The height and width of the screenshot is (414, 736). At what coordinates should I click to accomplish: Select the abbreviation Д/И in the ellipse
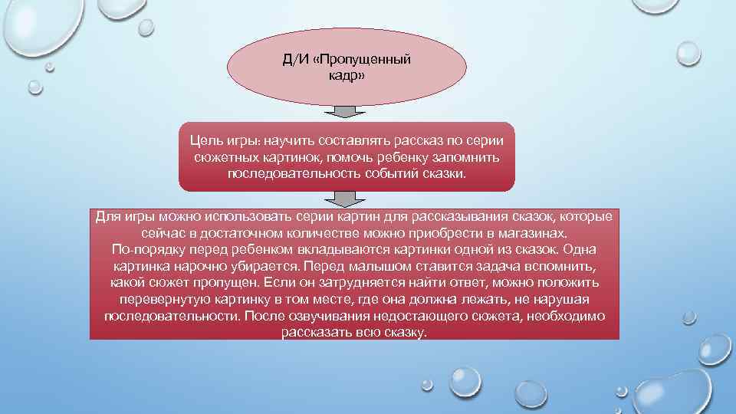click(x=297, y=61)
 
